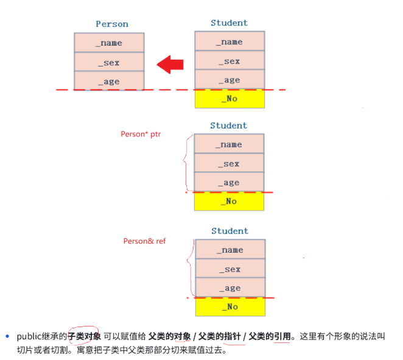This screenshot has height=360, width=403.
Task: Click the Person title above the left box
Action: (x=112, y=24)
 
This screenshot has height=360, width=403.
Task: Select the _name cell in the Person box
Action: (x=109, y=43)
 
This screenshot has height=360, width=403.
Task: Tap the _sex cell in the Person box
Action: (x=109, y=62)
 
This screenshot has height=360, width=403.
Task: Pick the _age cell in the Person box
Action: (x=109, y=81)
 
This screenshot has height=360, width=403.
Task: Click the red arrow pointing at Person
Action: (x=170, y=63)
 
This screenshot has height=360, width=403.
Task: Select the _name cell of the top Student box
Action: (x=230, y=41)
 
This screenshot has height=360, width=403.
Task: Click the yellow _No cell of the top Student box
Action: (x=230, y=99)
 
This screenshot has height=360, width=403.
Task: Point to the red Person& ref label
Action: (x=144, y=241)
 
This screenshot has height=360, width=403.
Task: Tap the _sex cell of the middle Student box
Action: (x=229, y=163)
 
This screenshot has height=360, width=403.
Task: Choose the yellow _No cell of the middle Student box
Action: (x=229, y=201)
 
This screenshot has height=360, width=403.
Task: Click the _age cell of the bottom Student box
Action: (x=230, y=288)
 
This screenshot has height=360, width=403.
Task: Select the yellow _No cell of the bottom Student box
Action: (x=230, y=306)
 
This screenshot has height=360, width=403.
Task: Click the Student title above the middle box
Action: (x=229, y=125)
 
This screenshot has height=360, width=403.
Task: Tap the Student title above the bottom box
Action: (x=230, y=231)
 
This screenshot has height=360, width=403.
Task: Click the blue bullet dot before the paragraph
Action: (x=8, y=336)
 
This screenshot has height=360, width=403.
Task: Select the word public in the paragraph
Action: (x=28, y=336)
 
